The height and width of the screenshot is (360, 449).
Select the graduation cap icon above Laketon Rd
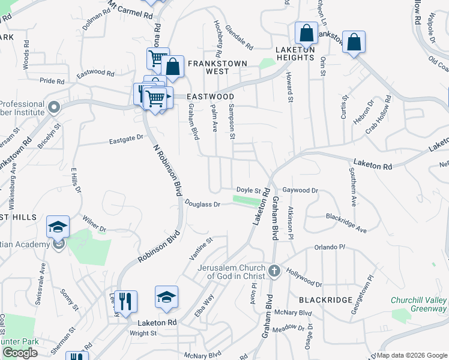coord(166,296)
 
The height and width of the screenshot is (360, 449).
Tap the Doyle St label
coord(249,190)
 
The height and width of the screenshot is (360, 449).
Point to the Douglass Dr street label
coord(203,204)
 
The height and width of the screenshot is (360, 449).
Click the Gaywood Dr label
coord(300,190)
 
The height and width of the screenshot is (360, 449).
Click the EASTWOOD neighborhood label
coord(209,96)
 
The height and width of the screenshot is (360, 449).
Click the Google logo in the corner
coord(20,353)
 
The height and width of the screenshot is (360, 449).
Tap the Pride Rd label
coord(52,81)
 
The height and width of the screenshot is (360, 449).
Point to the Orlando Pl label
coord(330,247)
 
